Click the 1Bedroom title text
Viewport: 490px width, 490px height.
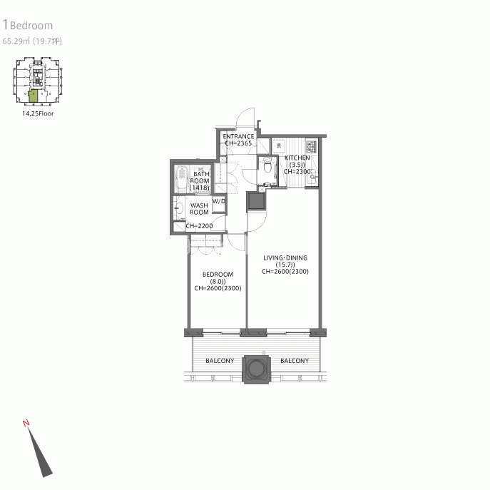[28, 25]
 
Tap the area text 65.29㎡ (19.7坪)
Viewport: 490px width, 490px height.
[32, 41]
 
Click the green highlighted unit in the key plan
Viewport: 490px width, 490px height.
[33, 96]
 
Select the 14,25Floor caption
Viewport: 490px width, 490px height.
[38, 113]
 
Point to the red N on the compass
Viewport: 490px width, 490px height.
[26, 423]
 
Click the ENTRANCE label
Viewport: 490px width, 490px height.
[238, 136]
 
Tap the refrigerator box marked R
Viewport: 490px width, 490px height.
[279, 146]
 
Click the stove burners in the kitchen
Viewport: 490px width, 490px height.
[311, 146]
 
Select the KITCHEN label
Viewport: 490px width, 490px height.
[297, 158]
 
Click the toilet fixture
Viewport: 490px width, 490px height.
[267, 166]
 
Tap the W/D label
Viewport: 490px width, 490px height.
[219, 201]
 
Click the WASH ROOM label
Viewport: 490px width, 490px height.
[199, 209]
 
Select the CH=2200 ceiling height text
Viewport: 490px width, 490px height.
[199, 225]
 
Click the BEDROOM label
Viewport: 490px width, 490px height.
[218, 275]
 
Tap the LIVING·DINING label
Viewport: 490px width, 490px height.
[285, 257]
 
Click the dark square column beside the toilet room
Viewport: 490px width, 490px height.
[257, 202]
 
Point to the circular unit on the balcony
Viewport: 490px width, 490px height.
[256, 369]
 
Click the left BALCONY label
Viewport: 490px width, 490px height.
[220, 361]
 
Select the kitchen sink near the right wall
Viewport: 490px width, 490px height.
[312, 178]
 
